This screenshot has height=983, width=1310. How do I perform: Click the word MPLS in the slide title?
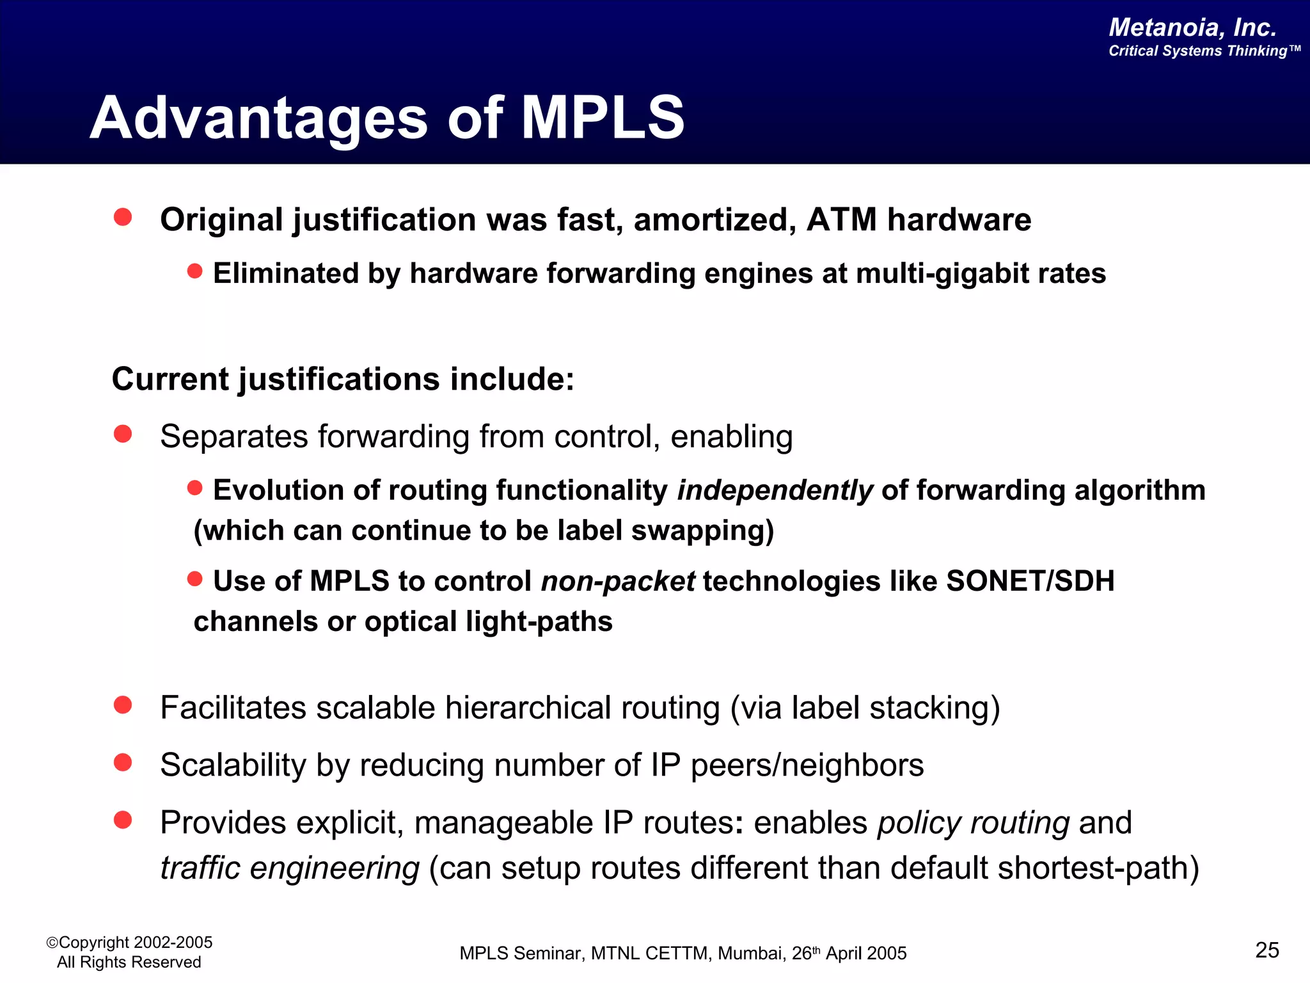pos(603,117)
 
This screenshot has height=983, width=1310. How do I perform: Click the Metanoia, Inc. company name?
pos(1192,28)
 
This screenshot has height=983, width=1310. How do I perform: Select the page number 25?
pos(1267,950)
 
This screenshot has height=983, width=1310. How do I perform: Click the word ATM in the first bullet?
pos(841,220)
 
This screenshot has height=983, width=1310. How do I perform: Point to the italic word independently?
pos(775,490)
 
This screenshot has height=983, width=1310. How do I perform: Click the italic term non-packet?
pos(617,581)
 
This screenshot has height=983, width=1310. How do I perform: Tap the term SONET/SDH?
pos(1030,581)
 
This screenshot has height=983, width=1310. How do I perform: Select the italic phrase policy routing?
pos(973,823)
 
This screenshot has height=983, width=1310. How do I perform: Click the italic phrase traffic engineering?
pos(290,868)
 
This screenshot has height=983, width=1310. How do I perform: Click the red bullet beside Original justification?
pos(123,217)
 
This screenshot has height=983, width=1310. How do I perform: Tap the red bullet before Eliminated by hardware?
pos(194,271)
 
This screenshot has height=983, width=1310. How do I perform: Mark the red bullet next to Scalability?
pos(123,762)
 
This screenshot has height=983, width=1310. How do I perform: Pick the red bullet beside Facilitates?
pos(123,705)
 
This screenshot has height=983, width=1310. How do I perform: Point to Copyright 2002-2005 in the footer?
pos(135,942)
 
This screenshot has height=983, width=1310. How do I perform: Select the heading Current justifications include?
pos(343,379)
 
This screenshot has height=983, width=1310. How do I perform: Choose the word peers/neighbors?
pos(807,765)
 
